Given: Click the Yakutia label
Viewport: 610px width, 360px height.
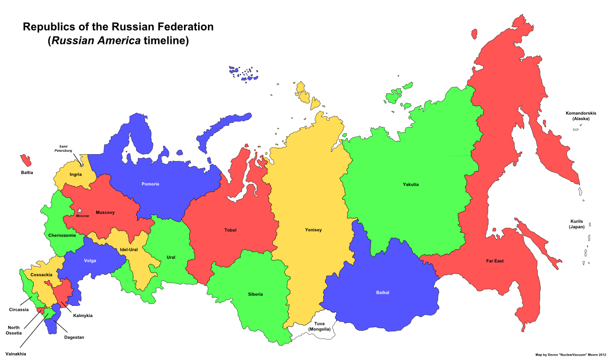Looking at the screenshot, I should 410,184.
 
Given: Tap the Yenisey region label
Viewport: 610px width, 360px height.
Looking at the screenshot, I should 313,230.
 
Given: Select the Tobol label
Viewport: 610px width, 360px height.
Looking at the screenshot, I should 230,230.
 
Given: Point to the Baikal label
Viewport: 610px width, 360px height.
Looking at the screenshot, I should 383,293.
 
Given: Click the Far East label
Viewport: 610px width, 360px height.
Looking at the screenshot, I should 494,261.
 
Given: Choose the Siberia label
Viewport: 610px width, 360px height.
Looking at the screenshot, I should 255,294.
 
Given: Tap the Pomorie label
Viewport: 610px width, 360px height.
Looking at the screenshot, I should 150,184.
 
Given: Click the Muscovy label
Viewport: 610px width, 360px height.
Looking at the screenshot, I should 105,212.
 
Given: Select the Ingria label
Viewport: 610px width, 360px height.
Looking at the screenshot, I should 76,174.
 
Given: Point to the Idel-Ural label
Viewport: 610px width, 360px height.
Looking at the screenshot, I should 128,250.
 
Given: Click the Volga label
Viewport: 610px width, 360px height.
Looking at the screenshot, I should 90,260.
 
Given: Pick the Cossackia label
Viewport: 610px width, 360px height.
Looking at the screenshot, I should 41,275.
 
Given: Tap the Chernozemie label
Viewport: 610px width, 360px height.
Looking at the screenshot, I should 62,236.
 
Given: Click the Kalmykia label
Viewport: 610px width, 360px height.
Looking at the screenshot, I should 82,316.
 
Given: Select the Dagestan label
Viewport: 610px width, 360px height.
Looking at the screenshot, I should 74,337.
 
